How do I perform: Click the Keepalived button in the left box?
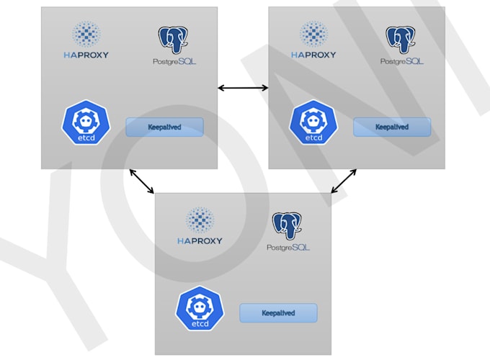[164, 127]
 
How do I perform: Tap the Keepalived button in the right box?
[391, 127]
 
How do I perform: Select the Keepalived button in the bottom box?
[278, 313]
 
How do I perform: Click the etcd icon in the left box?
[86, 122]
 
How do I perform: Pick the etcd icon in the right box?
[313, 122]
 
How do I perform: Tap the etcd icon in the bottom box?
[200, 308]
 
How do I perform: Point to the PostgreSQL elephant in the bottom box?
[286, 226]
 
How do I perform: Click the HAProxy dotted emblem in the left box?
[86, 34]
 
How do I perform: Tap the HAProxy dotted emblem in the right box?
[313, 34]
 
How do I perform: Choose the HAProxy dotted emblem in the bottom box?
[200, 220]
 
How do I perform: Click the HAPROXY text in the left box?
[86, 55]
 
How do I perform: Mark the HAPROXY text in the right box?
[313, 55]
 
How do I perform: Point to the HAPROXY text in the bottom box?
[200, 240]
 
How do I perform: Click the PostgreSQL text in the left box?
[175, 62]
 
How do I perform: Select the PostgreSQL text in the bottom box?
[288, 248]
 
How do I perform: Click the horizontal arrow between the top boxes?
[243, 88]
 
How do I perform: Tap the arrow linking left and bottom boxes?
[141, 181]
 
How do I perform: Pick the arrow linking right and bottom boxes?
[344, 181]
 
